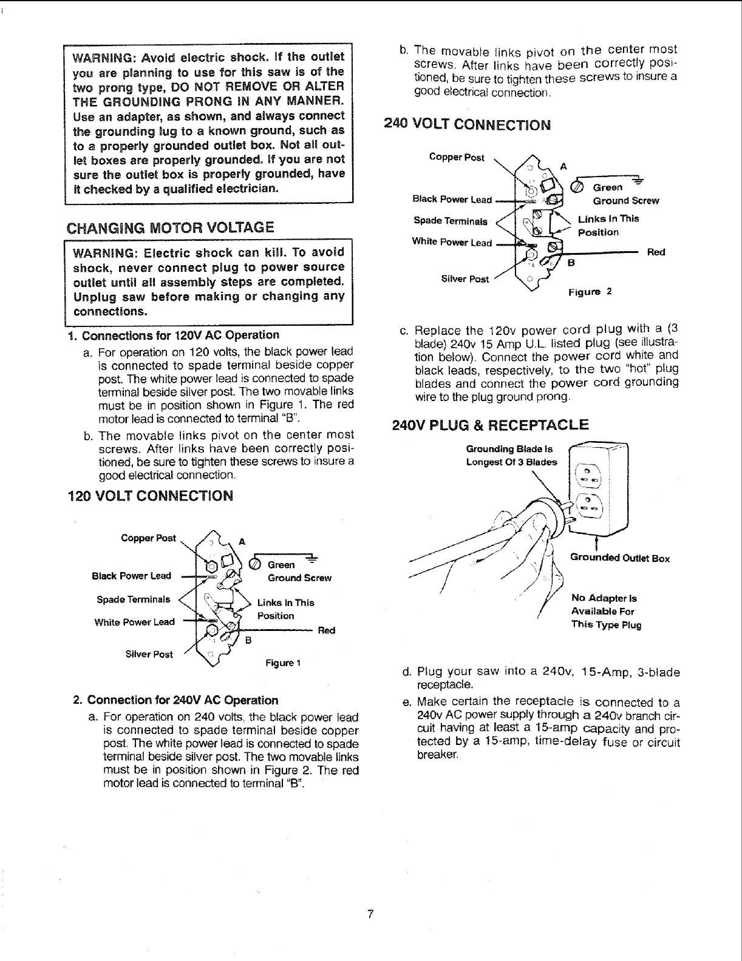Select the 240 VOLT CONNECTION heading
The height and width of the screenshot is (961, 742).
click(468, 125)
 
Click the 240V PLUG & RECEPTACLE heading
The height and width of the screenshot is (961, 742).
click(491, 424)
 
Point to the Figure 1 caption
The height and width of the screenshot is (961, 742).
click(283, 663)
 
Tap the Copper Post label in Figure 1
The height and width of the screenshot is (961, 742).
click(148, 538)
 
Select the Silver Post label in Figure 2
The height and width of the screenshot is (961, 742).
click(465, 279)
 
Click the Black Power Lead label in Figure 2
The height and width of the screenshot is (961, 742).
click(452, 199)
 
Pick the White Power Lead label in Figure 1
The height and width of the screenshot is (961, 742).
click(134, 622)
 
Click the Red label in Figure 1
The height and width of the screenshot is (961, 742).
click(326, 630)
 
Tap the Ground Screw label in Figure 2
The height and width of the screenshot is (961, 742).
click(625, 201)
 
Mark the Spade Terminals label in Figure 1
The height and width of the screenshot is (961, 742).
click(134, 599)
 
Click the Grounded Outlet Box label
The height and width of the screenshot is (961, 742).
click(619, 558)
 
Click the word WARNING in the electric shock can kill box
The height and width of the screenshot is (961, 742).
click(99, 252)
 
